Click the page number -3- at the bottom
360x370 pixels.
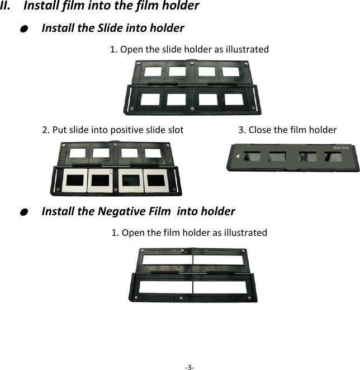pyautogui.click(x=189, y=367)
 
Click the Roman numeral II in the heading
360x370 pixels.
pyautogui.click(x=8, y=6)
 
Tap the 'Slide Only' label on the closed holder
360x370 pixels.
pyautogui.click(x=341, y=147)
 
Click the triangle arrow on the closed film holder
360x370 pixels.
pyautogui.click(x=239, y=157)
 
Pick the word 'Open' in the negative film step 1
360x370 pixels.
pyautogui.click(x=132, y=233)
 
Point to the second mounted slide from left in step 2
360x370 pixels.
pyautogui.click(x=100, y=180)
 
